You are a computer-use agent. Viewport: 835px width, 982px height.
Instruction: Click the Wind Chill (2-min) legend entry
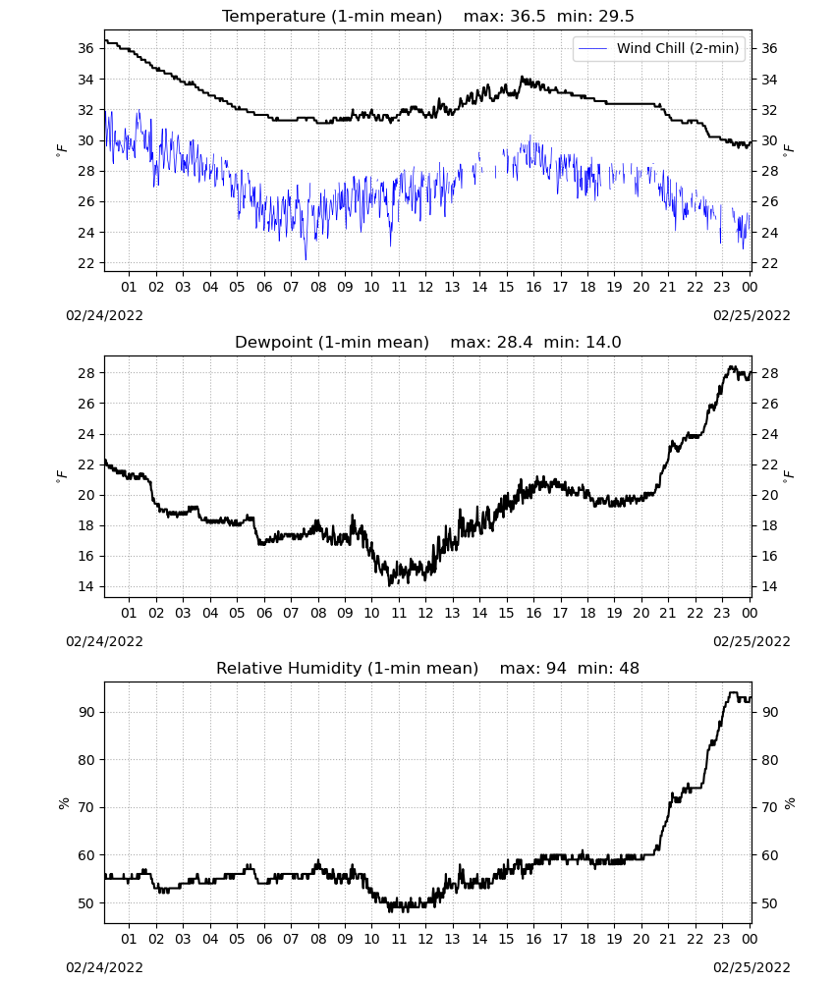point(659,48)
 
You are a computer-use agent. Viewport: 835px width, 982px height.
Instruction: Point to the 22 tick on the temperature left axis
point(85,263)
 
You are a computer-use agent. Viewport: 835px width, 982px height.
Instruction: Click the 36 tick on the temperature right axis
point(769,49)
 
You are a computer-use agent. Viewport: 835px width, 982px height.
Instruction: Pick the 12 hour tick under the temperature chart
point(425,288)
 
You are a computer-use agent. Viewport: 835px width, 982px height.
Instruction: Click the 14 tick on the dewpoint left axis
point(85,587)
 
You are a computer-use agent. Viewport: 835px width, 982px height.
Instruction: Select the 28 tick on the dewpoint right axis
point(769,373)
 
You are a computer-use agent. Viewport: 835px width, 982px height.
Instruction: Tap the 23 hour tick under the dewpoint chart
point(722,613)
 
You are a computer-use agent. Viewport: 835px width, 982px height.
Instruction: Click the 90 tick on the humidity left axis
point(85,713)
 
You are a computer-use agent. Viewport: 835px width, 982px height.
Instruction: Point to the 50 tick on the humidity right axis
point(769,903)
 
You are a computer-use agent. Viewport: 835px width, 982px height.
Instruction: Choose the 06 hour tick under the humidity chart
point(264,940)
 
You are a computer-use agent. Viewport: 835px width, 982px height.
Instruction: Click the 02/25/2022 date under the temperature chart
point(751,315)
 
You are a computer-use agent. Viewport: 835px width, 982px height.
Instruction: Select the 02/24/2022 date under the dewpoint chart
point(104,642)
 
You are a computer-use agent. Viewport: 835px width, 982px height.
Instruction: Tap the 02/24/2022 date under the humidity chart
point(104,967)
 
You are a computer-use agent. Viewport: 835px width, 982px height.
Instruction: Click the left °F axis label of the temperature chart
point(61,150)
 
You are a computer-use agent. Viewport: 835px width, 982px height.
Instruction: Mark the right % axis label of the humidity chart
point(790,803)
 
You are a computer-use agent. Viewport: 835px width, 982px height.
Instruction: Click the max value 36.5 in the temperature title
point(528,17)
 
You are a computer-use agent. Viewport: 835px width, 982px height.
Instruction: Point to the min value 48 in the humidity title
point(629,668)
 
